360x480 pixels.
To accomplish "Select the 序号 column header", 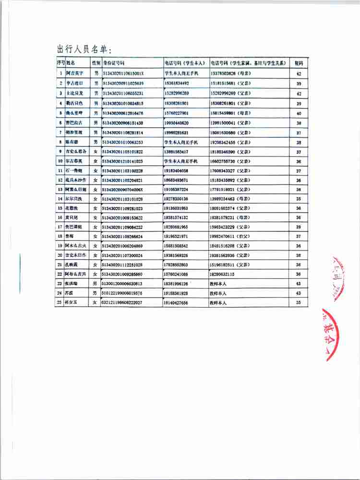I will click(x=60, y=63).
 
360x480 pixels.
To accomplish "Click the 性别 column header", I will click(x=96, y=63).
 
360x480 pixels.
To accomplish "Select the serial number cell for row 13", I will click(x=60, y=190).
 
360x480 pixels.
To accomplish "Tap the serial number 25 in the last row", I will click(x=60, y=303).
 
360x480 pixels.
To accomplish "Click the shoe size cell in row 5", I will click(x=299, y=114).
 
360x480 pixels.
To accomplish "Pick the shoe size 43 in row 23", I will click(x=299, y=284).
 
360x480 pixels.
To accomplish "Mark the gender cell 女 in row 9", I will click(x=96, y=152).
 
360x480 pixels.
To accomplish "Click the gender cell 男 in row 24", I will click(x=96, y=293).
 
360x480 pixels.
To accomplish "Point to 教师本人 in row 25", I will click(x=219, y=303).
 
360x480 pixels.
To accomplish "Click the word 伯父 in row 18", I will click(x=244, y=237).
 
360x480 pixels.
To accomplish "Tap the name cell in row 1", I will click(x=75, y=73).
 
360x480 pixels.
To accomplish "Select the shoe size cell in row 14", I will click(x=299, y=199).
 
